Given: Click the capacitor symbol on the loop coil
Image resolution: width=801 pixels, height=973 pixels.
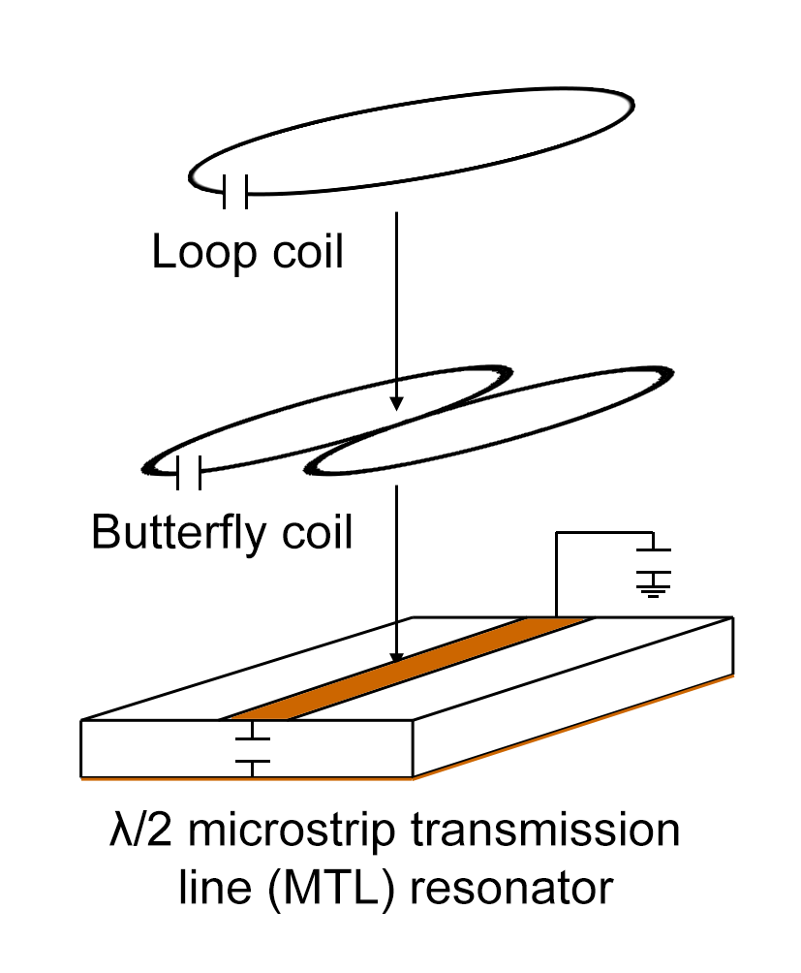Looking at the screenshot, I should tap(234, 191).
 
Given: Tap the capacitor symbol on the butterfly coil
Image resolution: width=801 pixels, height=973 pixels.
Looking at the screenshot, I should tap(189, 473).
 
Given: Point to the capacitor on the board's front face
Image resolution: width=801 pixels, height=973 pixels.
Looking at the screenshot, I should tap(253, 752).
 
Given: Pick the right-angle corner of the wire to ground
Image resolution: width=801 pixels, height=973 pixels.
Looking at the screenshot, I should tap(556, 533).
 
